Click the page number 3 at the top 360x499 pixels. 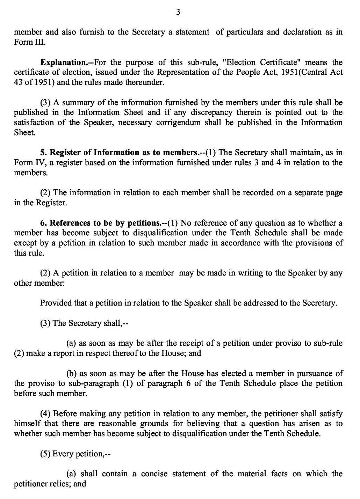coord(178,13)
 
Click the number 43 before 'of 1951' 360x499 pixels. coord(18,83)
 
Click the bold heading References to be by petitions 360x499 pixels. coord(105,223)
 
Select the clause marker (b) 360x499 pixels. coord(72,374)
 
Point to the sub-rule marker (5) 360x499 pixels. coord(45,454)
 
